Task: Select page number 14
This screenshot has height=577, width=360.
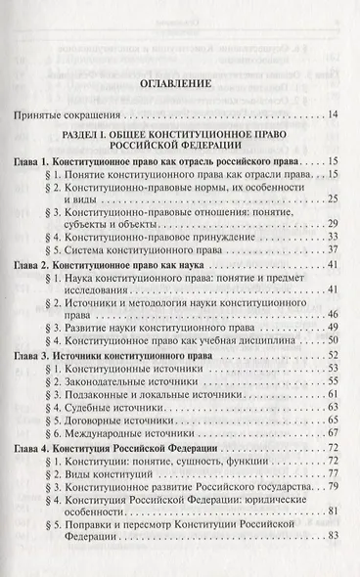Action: click(x=332, y=116)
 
